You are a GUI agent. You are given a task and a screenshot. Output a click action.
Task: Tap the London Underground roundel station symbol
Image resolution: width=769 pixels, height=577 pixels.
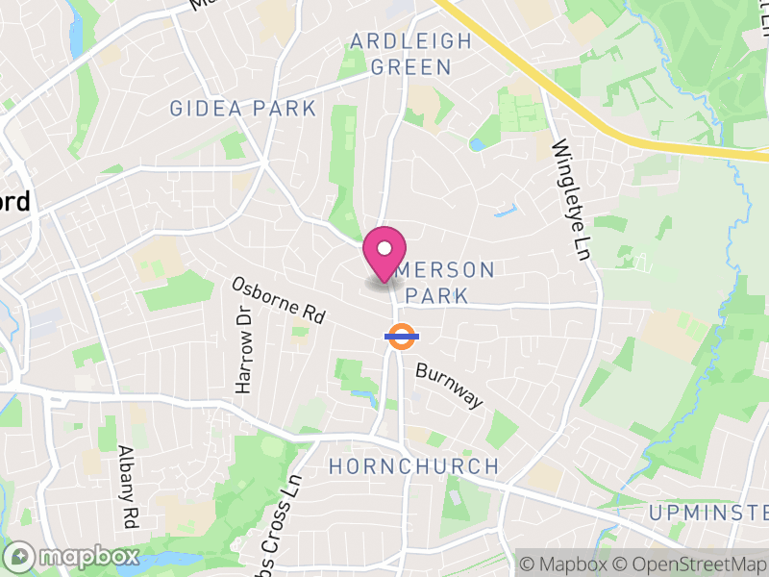click(401, 336)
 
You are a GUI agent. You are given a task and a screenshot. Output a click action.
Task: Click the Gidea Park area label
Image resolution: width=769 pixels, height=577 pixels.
click(242, 108)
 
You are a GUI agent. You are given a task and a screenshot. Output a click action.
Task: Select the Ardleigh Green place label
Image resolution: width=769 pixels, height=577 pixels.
click(411, 54)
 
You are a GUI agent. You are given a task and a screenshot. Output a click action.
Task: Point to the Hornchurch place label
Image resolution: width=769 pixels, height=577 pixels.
click(413, 466)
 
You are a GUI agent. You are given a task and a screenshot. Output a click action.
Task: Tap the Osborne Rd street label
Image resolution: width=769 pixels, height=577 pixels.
click(278, 300)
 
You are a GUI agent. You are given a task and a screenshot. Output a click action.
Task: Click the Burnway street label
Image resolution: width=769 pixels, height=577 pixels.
click(449, 385)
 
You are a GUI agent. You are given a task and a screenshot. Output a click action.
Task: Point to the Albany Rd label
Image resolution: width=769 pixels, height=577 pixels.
click(126, 487)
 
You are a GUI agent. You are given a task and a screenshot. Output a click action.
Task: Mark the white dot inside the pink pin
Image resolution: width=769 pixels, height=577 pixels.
click(384, 248)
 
